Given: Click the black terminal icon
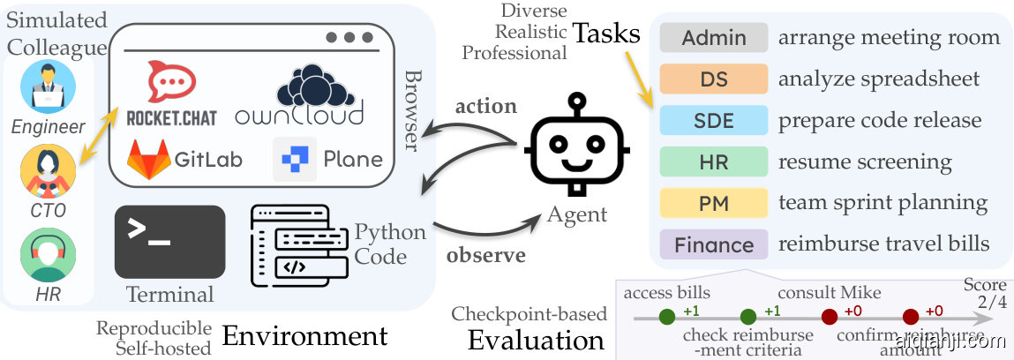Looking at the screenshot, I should (x=169, y=241).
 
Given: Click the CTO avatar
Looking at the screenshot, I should (x=49, y=172).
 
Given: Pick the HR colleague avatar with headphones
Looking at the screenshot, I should (x=49, y=256).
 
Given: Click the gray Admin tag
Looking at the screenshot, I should (x=714, y=38).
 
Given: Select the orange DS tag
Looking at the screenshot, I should (x=714, y=79).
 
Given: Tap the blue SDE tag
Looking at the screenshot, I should (x=714, y=121).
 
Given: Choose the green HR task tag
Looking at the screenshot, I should (x=714, y=162).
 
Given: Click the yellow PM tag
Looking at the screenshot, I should (x=714, y=203).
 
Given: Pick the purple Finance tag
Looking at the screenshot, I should (x=714, y=244).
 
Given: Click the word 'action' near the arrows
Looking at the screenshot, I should (x=485, y=106).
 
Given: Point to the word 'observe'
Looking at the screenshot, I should (x=485, y=256).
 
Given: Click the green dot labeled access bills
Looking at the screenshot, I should (x=667, y=316).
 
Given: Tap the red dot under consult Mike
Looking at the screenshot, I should (x=829, y=316).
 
